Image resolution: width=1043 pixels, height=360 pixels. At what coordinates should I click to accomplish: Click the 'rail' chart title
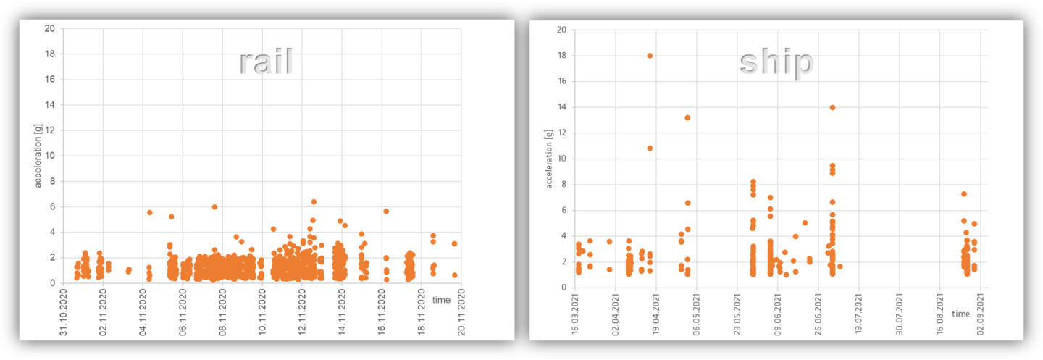(x=266, y=63)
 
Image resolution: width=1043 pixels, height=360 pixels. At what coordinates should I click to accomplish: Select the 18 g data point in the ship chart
(x=650, y=56)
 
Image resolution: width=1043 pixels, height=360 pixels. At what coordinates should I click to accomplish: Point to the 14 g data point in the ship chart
(x=832, y=107)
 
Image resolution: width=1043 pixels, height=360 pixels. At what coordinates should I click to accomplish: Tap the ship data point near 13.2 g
(x=687, y=117)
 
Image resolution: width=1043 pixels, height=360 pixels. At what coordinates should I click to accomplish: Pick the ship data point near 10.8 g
(x=650, y=148)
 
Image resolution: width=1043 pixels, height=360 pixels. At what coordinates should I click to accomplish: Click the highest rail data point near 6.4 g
(x=314, y=202)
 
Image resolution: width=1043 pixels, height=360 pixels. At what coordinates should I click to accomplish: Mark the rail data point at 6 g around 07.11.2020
(x=214, y=207)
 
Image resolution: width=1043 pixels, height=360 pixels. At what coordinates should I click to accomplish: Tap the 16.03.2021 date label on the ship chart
(x=575, y=314)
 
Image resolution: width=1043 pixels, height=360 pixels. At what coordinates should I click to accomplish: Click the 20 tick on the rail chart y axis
(x=49, y=29)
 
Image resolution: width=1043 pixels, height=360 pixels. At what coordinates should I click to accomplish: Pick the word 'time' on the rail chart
(x=441, y=300)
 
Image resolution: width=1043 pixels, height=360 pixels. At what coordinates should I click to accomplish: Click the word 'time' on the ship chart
(x=960, y=314)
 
